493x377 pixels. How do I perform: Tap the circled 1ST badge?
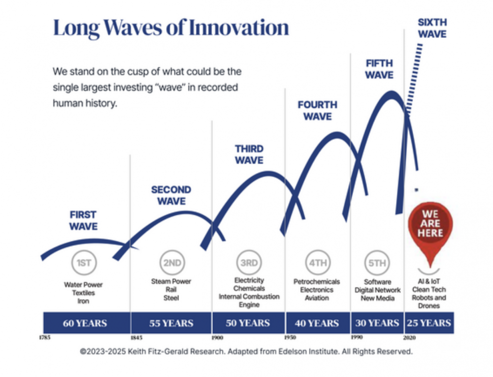pyautogui.click(x=84, y=263)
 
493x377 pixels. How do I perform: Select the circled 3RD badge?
pyautogui.click(x=249, y=263)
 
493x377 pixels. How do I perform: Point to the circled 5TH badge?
pyautogui.click(x=377, y=263)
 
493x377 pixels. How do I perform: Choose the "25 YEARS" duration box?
pyautogui.click(x=429, y=323)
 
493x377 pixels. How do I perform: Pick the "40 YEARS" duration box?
pyautogui.click(x=317, y=323)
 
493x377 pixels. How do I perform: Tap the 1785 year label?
pyautogui.click(x=44, y=338)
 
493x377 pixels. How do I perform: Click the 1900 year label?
pyautogui.click(x=217, y=338)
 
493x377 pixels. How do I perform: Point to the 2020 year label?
pyautogui.click(x=409, y=338)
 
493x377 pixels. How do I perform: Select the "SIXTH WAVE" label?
pyautogui.click(x=432, y=28)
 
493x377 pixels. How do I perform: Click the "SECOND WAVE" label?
pyautogui.click(x=171, y=195)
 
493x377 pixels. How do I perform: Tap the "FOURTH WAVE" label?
pyautogui.click(x=317, y=110)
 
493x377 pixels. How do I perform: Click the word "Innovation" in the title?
pyautogui.click(x=239, y=28)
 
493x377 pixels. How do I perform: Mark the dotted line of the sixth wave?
pyautogui.click(x=414, y=78)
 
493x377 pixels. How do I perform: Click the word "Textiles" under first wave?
pyautogui.click(x=83, y=293)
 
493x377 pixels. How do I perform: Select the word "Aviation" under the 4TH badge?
pyautogui.click(x=317, y=298)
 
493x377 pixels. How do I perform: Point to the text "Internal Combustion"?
pyautogui.click(x=249, y=297)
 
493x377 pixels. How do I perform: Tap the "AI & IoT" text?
pyautogui.click(x=429, y=281)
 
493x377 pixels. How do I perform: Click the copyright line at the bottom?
pyautogui.click(x=246, y=351)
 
